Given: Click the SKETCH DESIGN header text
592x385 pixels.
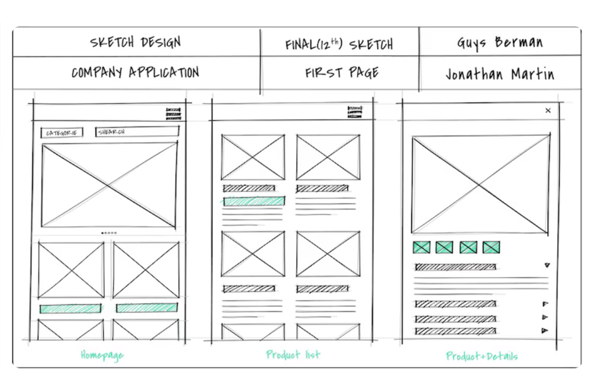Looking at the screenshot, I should point(135,43).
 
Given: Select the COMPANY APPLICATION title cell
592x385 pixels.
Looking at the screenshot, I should point(135,73).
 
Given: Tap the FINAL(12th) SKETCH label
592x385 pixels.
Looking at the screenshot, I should point(339,44).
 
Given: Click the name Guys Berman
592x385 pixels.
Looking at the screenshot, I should point(500,43).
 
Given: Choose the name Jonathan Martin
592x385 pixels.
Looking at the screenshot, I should point(500,74).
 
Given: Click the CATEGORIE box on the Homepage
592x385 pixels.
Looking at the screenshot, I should point(62,133).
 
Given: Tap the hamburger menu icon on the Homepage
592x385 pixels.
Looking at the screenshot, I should point(173,113).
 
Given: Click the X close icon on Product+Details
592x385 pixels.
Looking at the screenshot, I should point(548,110).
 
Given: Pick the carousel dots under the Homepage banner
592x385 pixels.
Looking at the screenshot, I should point(108,233).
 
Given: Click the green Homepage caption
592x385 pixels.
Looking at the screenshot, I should point(102,355).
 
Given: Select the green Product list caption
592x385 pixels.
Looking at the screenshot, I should point(292,355).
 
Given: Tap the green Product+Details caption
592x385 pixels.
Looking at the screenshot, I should point(482,356).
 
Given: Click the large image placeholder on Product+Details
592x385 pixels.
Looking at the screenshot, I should point(481,184).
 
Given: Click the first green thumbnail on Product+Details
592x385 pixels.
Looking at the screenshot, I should point(421,247).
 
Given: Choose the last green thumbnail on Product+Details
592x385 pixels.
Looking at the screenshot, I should point(491,247).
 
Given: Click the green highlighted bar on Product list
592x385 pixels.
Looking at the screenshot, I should point(254,201).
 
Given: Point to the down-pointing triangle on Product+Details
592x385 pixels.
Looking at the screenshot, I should point(547,266).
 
